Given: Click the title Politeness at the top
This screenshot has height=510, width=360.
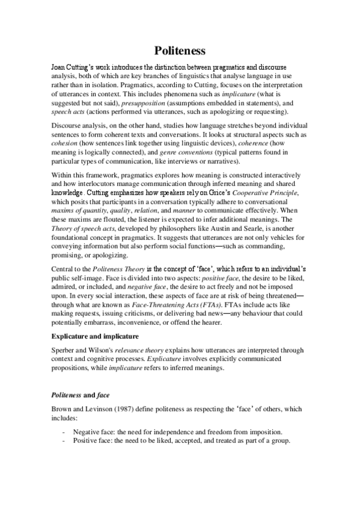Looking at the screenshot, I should point(180,50).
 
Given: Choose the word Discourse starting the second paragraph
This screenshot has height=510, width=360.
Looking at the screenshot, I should point(70,127).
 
